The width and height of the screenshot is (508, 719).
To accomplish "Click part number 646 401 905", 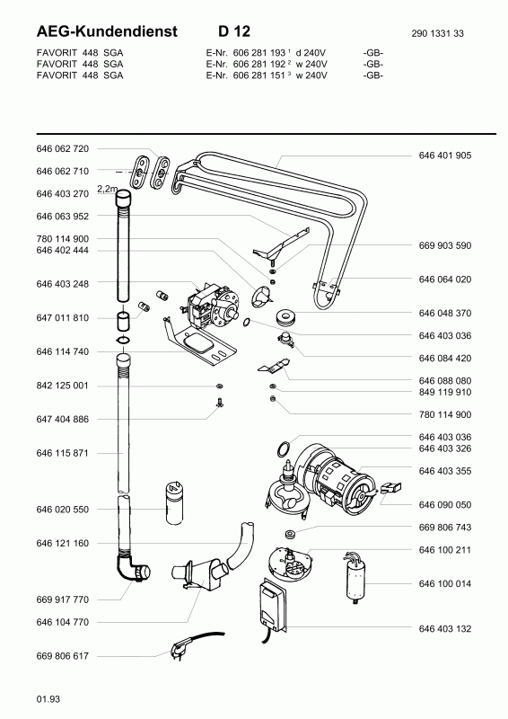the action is pyautogui.click(x=445, y=155).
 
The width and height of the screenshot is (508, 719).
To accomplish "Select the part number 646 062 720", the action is pyautogui.click(x=62, y=148).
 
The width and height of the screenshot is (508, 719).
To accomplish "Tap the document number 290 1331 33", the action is pyautogui.click(x=437, y=33).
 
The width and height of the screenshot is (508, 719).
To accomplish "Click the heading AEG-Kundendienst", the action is pyautogui.click(x=107, y=31).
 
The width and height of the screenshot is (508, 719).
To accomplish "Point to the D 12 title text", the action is pyautogui.click(x=234, y=31).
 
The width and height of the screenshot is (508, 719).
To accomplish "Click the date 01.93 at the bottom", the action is pyautogui.click(x=48, y=699).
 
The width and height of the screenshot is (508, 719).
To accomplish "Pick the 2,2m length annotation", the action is pyautogui.click(x=107, y=189).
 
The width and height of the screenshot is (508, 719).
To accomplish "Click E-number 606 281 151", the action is pyautogui.click(x=259, y=75).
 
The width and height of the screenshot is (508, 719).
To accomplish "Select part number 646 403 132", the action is pyautogui.click(x=445, y=628).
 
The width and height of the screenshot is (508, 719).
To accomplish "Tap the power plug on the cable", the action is pyautogui.click(x=178, y=649).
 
